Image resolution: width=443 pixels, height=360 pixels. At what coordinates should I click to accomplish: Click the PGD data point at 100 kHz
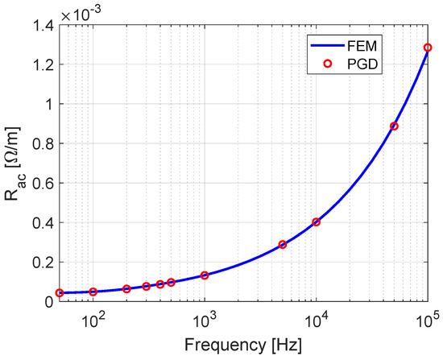click(x=428, y=48)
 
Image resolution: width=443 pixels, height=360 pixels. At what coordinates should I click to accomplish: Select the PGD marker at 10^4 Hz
click(x=316, y=222)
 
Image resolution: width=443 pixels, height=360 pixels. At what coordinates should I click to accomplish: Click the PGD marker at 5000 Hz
click(x=283, y=244)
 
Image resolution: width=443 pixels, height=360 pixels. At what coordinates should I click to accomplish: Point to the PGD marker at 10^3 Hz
click(x=205, y=275)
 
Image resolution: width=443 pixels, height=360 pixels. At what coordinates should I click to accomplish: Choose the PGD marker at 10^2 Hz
click(x=93, y=292)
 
